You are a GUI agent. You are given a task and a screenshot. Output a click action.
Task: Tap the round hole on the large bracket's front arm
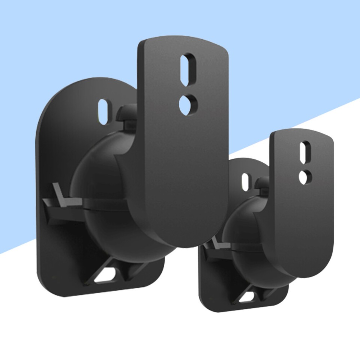click(186, 102)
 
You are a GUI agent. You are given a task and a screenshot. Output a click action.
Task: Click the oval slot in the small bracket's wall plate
click(246, 181)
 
